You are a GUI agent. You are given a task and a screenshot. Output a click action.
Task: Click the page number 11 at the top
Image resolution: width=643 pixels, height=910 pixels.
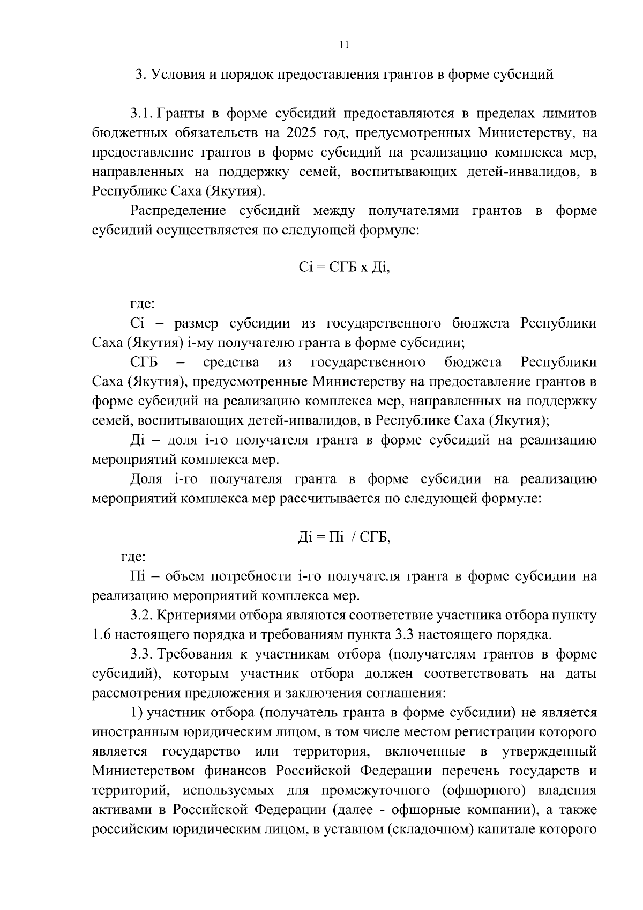click(x=344, y=45)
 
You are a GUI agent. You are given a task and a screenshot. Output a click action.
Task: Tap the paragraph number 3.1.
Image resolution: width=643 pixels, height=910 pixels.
click(x=142, y=113)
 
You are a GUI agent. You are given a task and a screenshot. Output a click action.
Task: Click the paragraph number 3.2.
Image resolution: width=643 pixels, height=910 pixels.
click(x=142, y=616)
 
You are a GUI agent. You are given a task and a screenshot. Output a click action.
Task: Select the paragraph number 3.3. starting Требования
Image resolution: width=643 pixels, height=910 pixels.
click(x=142, y=654)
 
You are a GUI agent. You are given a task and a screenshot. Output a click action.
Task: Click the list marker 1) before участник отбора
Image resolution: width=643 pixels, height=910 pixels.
click(x=137, y=713)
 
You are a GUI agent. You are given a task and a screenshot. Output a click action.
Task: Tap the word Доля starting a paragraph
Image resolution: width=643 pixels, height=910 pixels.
click(x=146, y=479)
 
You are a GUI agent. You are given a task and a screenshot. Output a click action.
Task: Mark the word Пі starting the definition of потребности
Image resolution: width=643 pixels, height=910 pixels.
click(x=137, y=576)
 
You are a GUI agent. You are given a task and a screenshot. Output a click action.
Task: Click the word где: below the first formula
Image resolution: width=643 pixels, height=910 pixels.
click(x=143, y=305)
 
